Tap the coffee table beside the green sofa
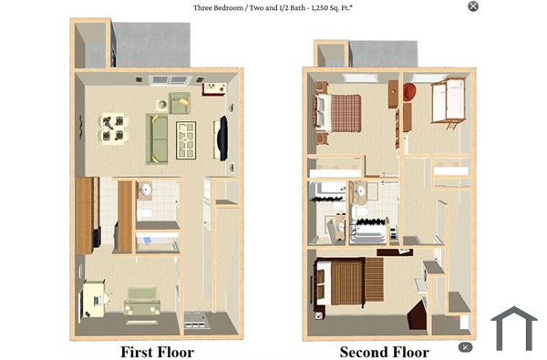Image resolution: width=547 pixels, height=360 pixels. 186,139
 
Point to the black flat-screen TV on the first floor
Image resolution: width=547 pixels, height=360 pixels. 221,138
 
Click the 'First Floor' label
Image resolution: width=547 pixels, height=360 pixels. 157,351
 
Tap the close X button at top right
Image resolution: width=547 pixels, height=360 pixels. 472,6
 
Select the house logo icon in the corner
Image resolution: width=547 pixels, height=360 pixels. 514,328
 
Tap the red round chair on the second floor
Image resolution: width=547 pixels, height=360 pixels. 409,92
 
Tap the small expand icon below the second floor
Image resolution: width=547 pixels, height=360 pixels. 465,346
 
